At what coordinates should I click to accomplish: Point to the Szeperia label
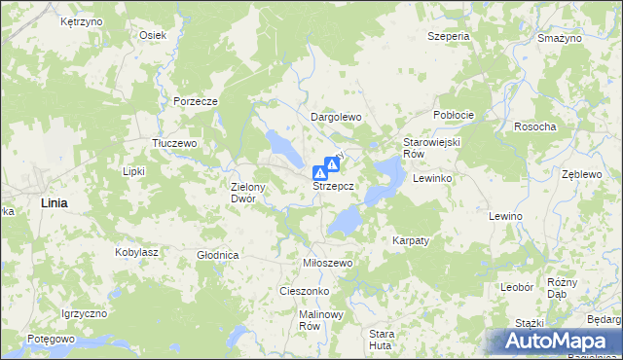pos(448,36)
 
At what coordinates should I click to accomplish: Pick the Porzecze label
pos(194,101)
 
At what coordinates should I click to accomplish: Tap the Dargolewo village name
pos(336,117)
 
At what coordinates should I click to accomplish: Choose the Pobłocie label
pos(454,115)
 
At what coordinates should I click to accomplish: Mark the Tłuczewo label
pos(175,143)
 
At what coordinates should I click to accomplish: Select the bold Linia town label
pos(55,202)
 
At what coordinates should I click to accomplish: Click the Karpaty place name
pos(411,239)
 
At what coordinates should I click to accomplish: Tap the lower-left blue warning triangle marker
pos(318,172)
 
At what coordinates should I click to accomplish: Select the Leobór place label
pos(516,288)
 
